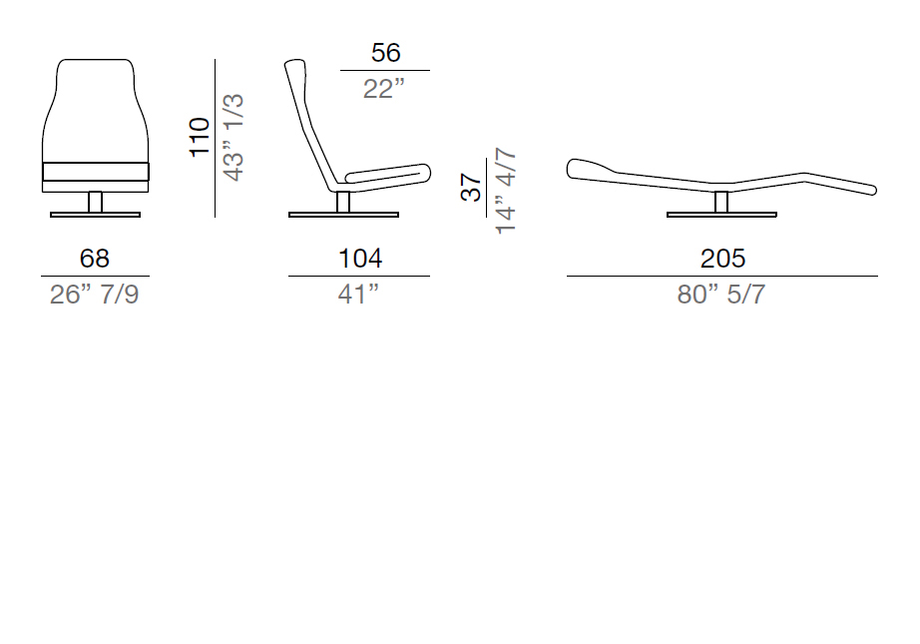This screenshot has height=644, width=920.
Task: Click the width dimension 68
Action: point(95,259)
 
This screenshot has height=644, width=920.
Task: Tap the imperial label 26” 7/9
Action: point(95,295)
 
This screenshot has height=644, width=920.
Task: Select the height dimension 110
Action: point(200,138)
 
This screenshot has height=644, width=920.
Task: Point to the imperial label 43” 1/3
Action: point(233,138)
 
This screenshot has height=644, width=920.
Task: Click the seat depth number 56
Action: point(385,53)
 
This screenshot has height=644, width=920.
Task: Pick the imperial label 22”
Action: point(384,89)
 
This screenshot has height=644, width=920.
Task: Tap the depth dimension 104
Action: point(360,259)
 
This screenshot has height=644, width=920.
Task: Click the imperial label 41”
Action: point(358,295)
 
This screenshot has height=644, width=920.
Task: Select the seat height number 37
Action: point(471,188)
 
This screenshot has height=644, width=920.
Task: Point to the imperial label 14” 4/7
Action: point(505,191)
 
